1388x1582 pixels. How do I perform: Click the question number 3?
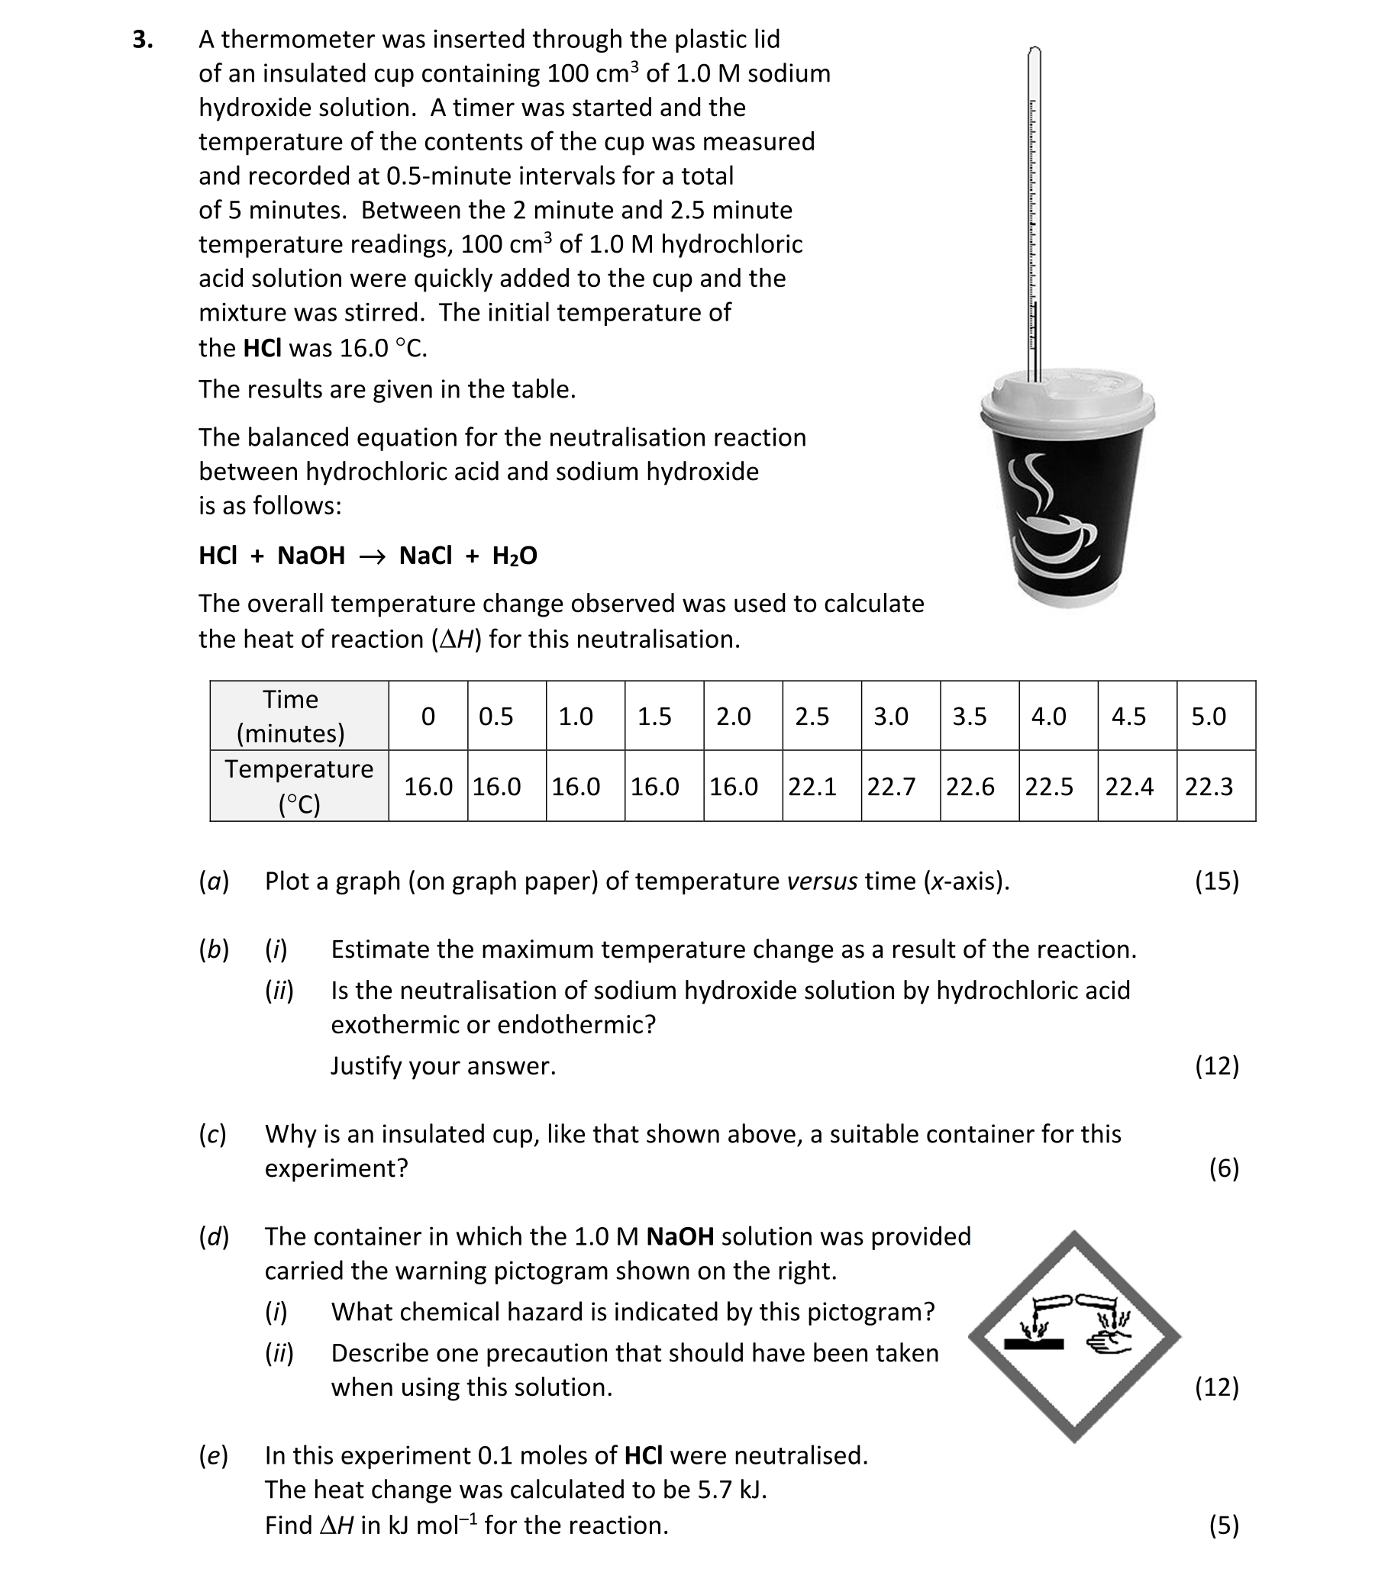tap(142, 40)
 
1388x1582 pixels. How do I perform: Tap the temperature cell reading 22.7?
tap(890, 786)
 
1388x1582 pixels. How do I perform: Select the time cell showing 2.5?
tap(812, 716)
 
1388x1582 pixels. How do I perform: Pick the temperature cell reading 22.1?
tap(812, 786)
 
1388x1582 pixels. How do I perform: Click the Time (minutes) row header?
tap(290, 716)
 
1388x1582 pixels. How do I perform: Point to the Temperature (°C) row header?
tap(298, 786)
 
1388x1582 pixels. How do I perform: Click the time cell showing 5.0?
tap(1208, 716)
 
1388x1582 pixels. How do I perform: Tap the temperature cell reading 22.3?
tap(1208, 786)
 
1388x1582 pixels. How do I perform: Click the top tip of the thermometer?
tap(1035, 50)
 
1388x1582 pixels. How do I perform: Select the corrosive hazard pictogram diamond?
tap(1073, 1337)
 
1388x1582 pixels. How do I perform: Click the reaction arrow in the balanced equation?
tap(372, 556)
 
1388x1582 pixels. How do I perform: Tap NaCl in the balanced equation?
tap(425, 556)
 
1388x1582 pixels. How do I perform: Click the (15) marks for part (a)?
tap(1216, 881)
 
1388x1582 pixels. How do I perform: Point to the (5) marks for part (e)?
tap(1223, 1526)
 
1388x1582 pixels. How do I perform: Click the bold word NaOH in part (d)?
tap(679, 1236)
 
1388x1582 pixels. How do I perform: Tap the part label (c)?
tap(212, 1134)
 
